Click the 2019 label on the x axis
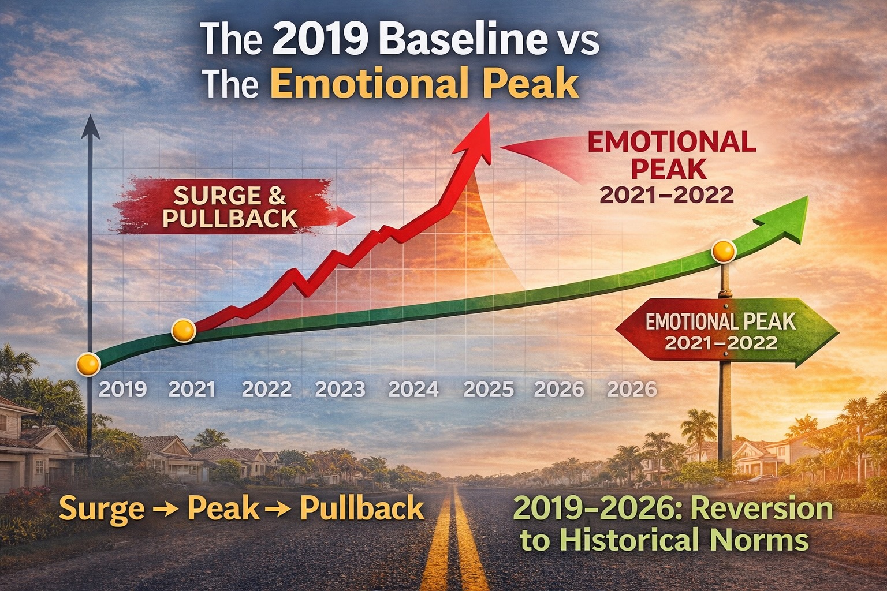click(x=122, y=389)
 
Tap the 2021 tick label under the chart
click(x=192, y=389)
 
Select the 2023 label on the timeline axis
click(x=340, y=389)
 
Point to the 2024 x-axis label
click(x=413, y=389)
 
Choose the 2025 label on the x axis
click(x=489, y=389)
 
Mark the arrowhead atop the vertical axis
click(x=90, y=127)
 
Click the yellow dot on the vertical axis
click(x=89, y=364)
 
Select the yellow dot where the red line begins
click(x=184, y=330)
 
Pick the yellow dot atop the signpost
click(x=724, y=252)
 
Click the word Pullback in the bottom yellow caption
click(x=362, y=508)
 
